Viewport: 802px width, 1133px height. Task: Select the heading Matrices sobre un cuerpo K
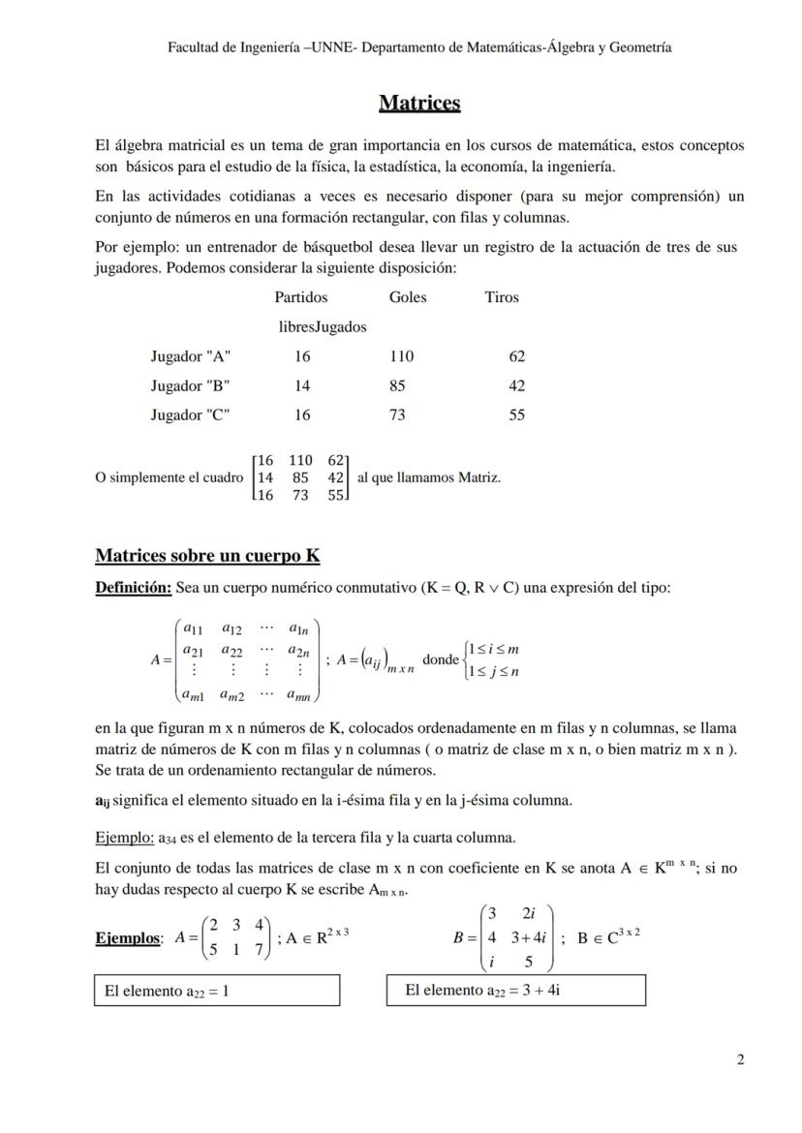(x=207, y=556)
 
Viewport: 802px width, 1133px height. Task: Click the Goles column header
(x=407, y=297)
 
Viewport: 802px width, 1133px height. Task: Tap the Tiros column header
(x=502, y=297)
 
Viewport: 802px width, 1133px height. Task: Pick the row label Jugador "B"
(x=190, y=385)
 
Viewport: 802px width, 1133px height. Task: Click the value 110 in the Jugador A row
(x=401, y=356)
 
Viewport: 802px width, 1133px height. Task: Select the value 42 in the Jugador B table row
(x=516, y=385)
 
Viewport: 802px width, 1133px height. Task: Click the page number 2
(x=740, y=1059)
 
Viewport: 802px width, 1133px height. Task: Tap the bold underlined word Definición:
(x=134, y=588)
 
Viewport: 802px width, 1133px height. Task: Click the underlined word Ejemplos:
(x=129, y=937)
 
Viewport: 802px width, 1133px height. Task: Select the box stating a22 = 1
(x=216, y=991)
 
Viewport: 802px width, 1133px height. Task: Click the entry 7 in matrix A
(x=259, y=950)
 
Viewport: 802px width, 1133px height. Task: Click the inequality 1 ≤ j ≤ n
(x=494, y=671)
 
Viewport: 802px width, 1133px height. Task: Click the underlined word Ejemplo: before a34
(x=125, y=837)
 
